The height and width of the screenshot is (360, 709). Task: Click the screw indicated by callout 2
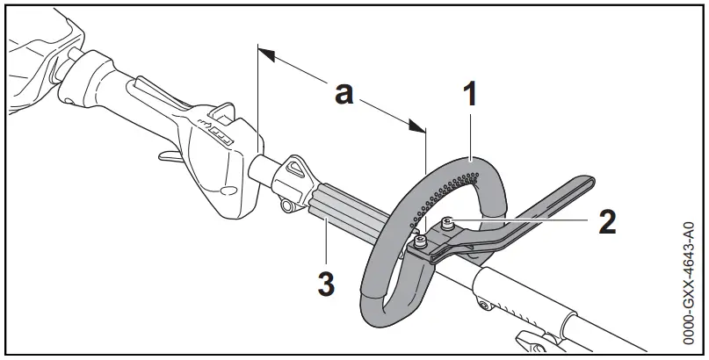(448, 223)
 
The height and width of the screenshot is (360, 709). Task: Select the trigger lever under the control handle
(168, 157)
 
